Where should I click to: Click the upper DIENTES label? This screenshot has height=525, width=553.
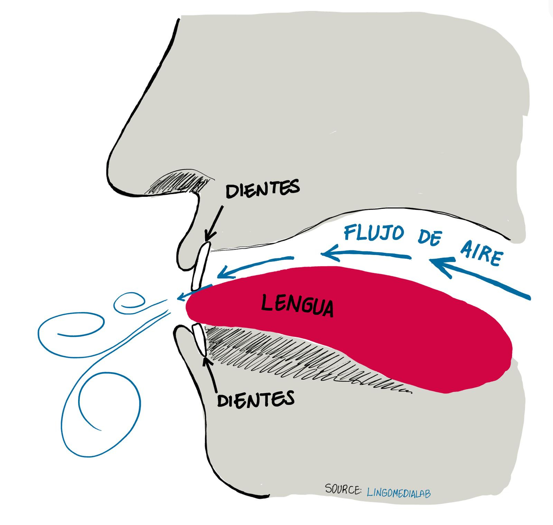tap(262, 189)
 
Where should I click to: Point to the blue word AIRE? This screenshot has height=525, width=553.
tap(481, 255)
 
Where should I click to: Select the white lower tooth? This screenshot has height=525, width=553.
tap(199, 339)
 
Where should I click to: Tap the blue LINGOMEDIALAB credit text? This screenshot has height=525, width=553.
tap(399, 492)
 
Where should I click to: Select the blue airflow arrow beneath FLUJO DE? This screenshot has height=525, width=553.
tap(366, 256)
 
